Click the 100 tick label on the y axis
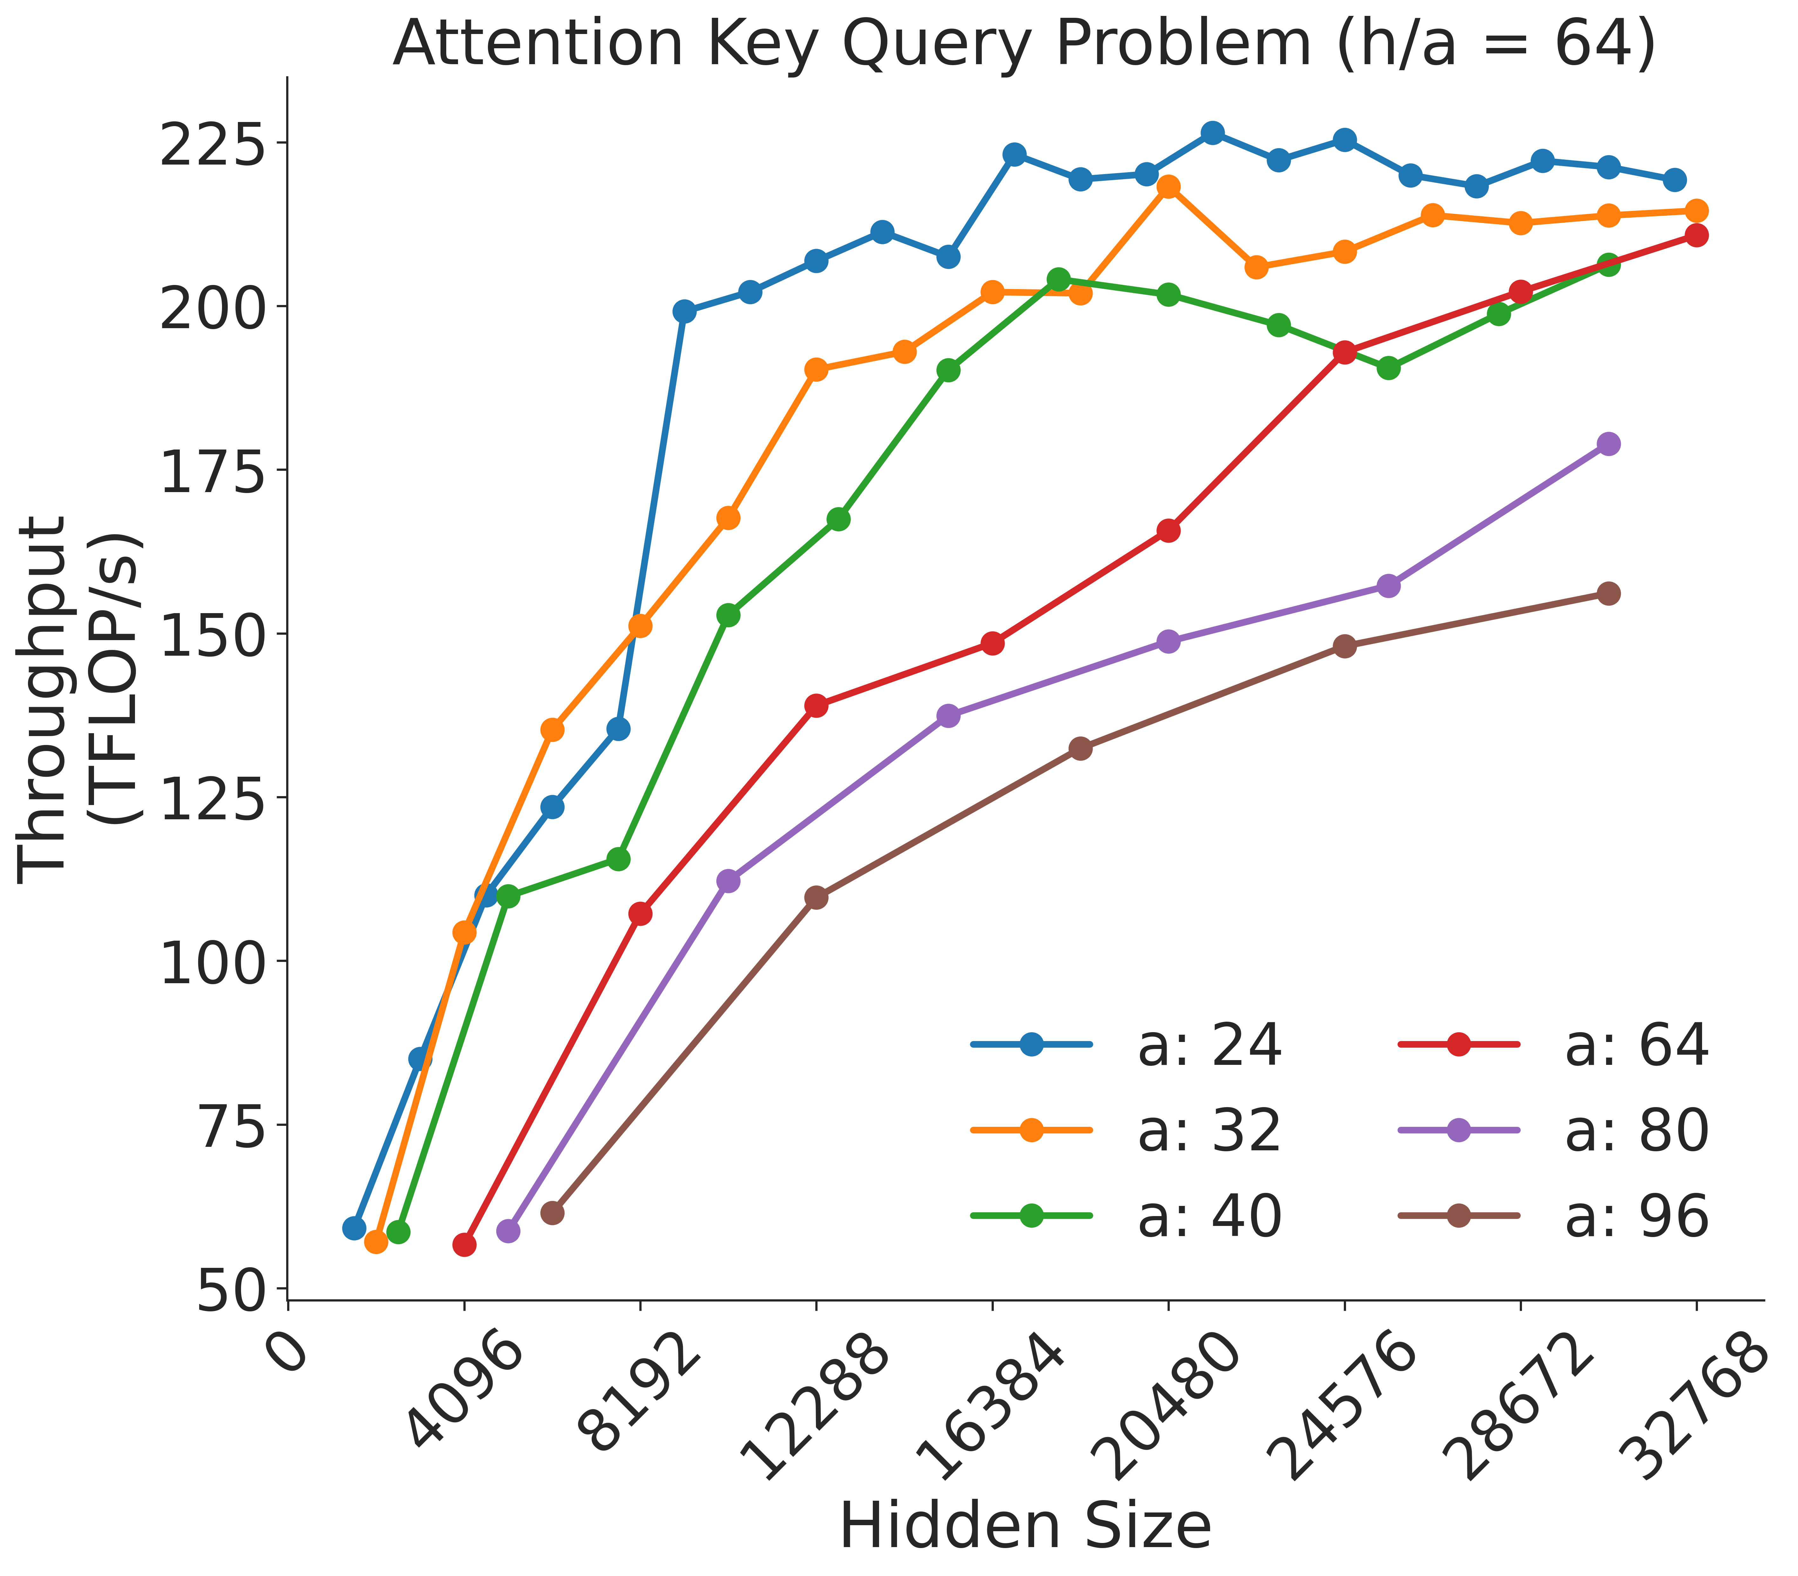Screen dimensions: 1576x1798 coord(209,961)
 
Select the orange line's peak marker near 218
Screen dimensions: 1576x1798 coord(1168,186)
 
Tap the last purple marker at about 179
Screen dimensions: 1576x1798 coord(1608,443)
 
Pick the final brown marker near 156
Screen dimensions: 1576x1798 coord(1608,594)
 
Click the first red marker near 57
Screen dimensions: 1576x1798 coord(464,1244)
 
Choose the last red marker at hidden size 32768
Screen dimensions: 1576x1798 coord(1696,235)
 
